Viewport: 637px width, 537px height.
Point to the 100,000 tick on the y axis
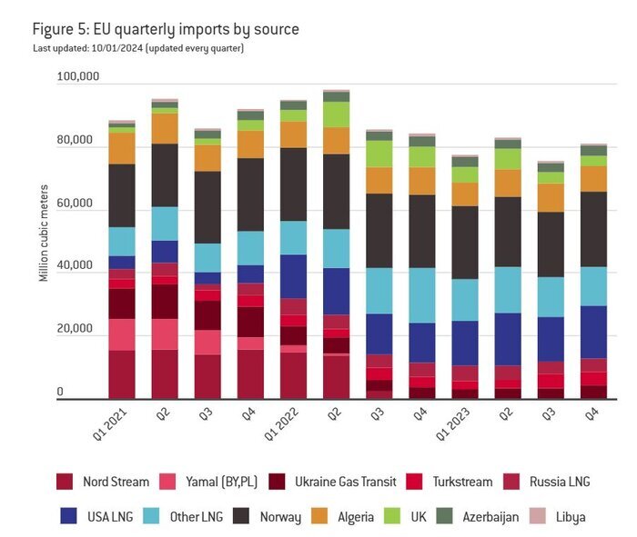pos(77,77)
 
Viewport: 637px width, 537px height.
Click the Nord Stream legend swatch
pos(65,482)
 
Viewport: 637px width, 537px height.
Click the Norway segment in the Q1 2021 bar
pos(122,195)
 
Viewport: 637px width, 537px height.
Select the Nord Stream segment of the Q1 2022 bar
pos(293,374)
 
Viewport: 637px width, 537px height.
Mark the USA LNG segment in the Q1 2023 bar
pos(464,343)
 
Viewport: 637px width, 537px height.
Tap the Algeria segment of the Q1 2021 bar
pos(122,148)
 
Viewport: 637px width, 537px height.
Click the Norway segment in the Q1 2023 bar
pos(464,242)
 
